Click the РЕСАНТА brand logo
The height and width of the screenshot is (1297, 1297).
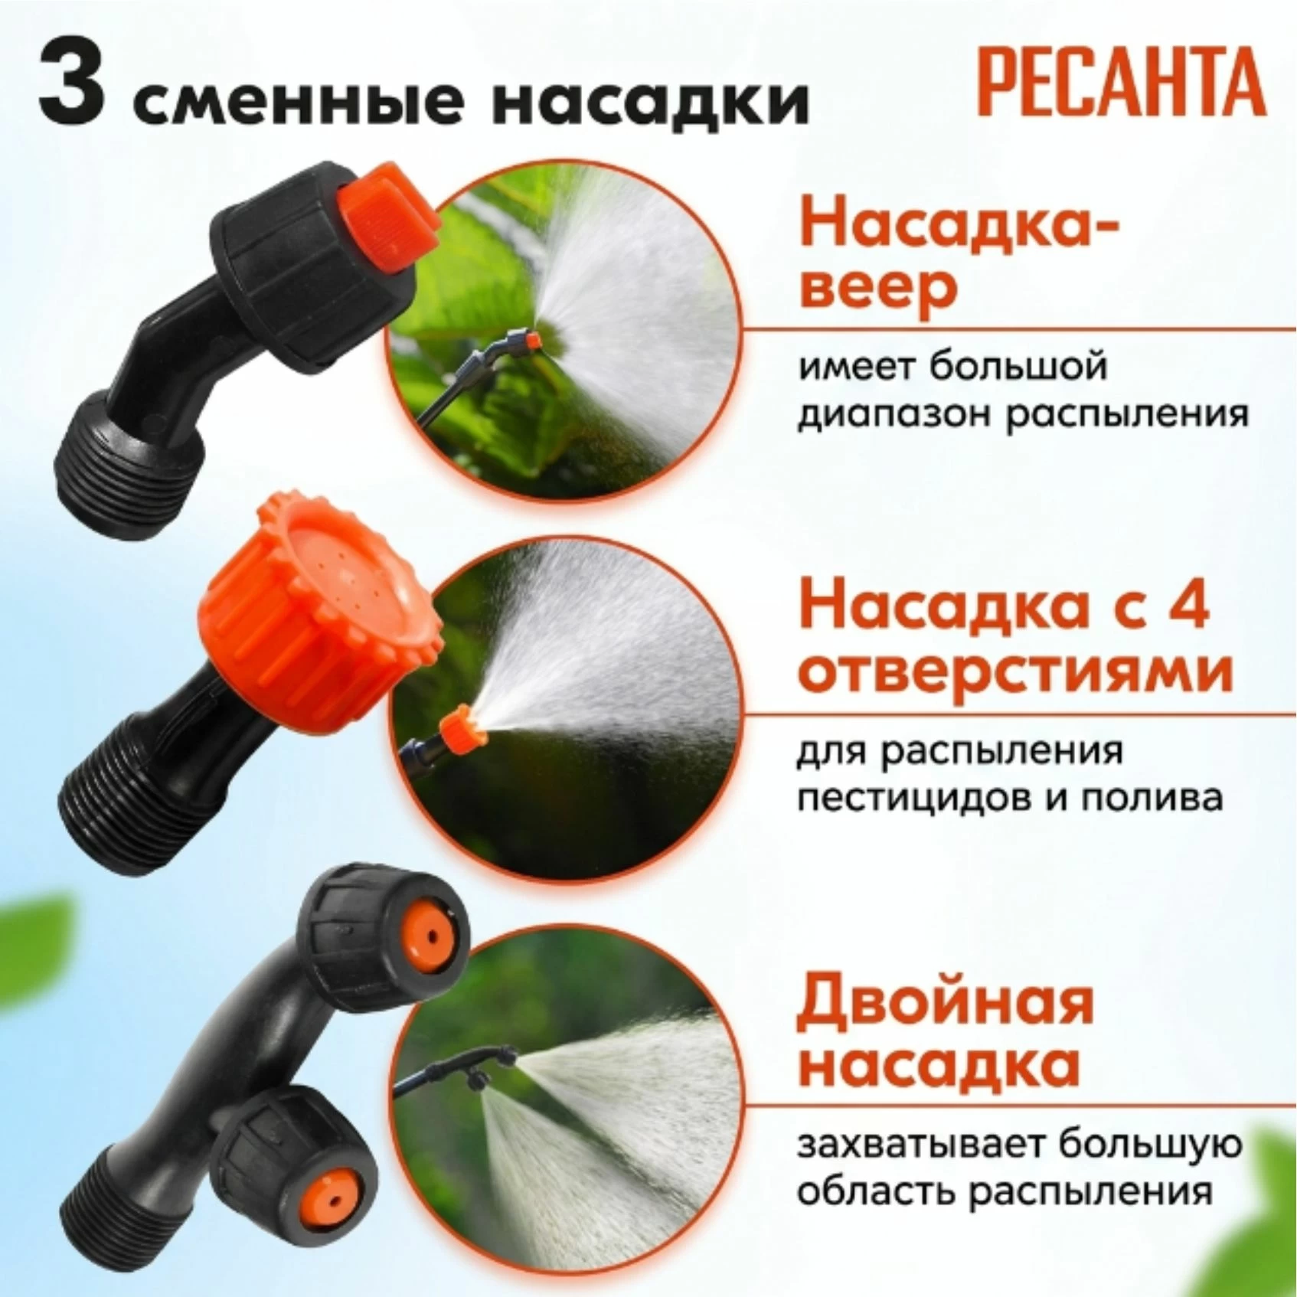(1122, 83)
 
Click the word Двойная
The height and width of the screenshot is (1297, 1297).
(945, 999)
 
